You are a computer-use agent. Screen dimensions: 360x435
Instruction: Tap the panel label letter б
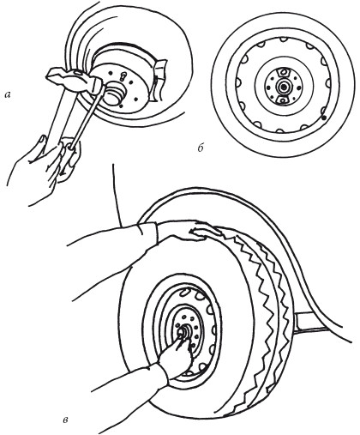[x=201, y=148]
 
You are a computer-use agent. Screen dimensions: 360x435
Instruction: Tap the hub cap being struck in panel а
[x=114, y=93]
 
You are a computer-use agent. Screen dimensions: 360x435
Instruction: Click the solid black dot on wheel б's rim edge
[x=324, y=118]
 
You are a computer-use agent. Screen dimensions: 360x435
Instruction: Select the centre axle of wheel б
[x=284, y=86]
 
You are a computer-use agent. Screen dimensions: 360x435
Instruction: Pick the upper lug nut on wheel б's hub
[x=284, y=71]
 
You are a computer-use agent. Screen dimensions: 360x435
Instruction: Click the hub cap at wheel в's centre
[x=183, y=333]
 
